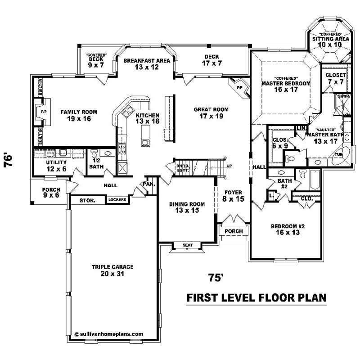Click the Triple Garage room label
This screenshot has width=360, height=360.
112,270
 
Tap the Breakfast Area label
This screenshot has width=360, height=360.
141,63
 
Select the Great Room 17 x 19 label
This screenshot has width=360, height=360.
211,112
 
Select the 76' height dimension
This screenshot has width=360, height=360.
8,161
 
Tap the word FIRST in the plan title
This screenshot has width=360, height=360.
203,298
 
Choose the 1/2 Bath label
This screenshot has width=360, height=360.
95,163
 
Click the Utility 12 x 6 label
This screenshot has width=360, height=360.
57,165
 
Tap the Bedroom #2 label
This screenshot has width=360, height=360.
288,229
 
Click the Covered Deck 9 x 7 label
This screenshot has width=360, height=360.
95,61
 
